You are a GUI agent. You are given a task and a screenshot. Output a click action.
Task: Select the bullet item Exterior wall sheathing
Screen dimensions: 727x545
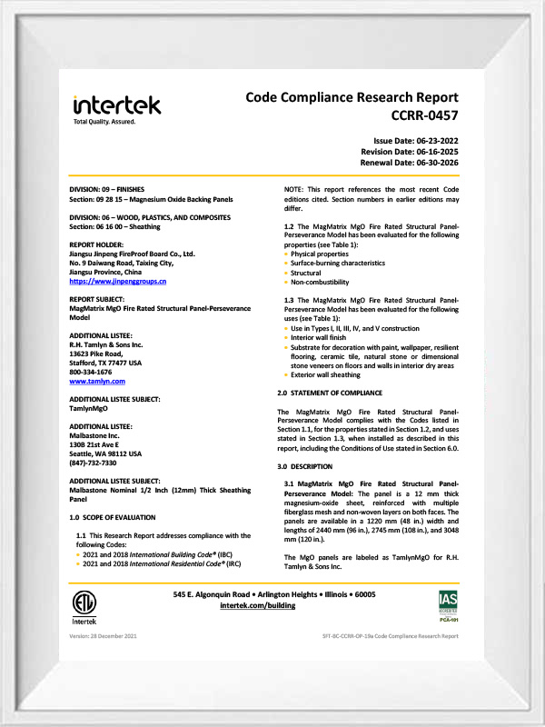tap(324, 374)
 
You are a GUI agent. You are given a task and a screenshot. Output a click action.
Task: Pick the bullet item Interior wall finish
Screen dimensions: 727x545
tap(319, 334)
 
